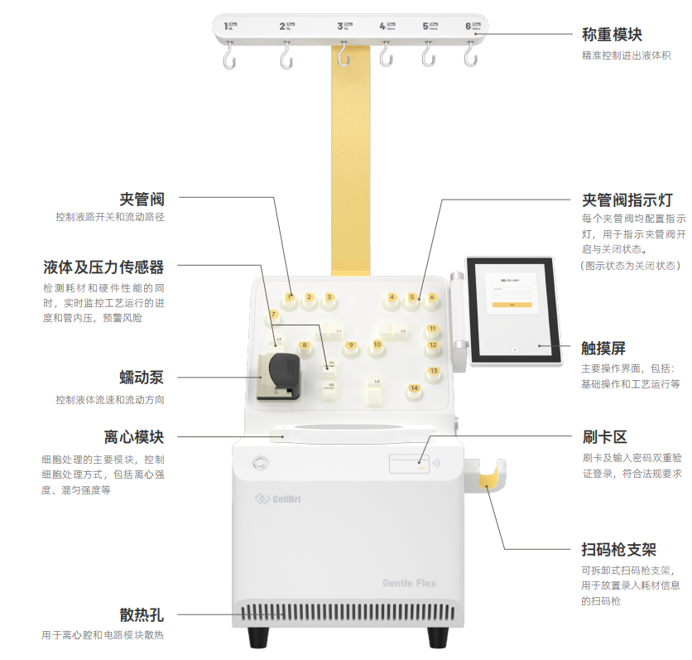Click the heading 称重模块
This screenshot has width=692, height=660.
pos(612,35)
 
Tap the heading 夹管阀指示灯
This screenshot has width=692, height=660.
pos(627,200)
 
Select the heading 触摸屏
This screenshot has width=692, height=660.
pos(603,349)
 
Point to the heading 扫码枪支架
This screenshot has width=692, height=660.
pos(618,550)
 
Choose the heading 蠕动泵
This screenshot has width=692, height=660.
pos(142,378)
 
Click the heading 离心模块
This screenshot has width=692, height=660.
pos(134,437)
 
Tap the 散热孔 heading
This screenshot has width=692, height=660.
pos(142,614)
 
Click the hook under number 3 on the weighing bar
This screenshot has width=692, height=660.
pos(342,55)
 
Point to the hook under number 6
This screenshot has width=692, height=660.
pos(470,55)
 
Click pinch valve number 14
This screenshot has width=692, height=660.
pos(414,388)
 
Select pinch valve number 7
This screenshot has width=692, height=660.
pos(274,316)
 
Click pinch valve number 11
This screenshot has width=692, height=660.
pos(432,330)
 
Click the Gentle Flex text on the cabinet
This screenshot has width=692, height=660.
pos(409,583)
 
